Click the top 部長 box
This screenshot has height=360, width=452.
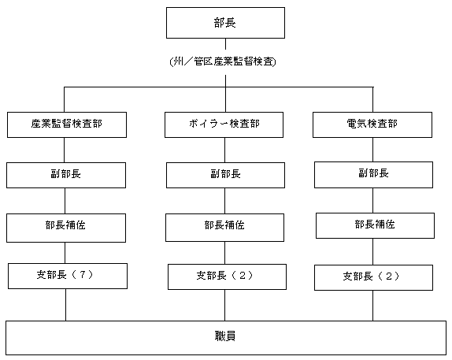(225, 23)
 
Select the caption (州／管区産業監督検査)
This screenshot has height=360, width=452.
(223, 61)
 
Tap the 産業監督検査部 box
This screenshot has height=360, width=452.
(67, 124)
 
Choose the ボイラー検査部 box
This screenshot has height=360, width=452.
(224, 124)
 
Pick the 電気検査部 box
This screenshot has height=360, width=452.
(372, 124)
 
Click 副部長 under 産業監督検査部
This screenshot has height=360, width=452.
(66, 175)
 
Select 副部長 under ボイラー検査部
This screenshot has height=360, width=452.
(225, 175)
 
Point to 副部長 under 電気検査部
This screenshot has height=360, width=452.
(373, 175)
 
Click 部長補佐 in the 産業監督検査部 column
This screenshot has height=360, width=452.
(66, 228)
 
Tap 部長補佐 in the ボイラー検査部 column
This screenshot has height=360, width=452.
(224, 228)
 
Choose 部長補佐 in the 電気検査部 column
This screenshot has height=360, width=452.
(375, 225)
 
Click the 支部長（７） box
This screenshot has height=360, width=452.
(68, 276)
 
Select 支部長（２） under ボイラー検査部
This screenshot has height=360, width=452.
(227, 276)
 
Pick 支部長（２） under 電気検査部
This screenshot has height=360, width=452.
(373, 277)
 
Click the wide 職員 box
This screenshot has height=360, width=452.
(226, 338)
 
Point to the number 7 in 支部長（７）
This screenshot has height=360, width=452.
(83, 275)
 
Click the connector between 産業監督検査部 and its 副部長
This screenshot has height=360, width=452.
(64, 150)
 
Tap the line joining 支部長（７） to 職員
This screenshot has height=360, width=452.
(65, 305)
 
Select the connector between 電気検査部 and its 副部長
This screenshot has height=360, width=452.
(372, 150)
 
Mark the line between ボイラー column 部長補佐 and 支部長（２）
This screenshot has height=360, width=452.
(225, 253)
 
